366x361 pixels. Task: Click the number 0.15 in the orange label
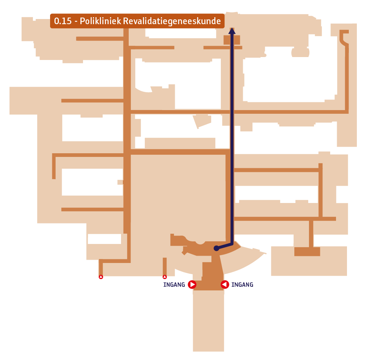pyautogui.click(x=63, y=21)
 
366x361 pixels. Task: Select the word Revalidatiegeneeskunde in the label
pyautogui.click(x=172, y=21)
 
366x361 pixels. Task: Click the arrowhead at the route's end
pyautogui.click(x=232, y=31)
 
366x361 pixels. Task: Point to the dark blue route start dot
pyautogui.click(x=216, y=248)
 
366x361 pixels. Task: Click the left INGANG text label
pyautogui.click(x=174, y=285)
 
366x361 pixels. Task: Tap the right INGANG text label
pyautogui.click(x=242, y=285)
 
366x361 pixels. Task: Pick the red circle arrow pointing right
pyautogui.click(x=192, y=285)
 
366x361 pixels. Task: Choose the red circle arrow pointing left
pyautogui.click(x=225, y=285)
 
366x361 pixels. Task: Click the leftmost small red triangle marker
pyautogui.click(x=101, y=277)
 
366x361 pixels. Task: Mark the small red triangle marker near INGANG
pyautogui.click(x=165, y=277)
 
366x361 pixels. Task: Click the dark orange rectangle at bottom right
pyautogui.click(x=307, y=252)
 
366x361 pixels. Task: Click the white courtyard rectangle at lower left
pyautogui.click(x=104, y=239)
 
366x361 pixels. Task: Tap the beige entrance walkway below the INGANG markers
pyautogui.click(x=208, y=321)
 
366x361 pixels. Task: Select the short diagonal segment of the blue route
pyautogui.click(x=224, y=246)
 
